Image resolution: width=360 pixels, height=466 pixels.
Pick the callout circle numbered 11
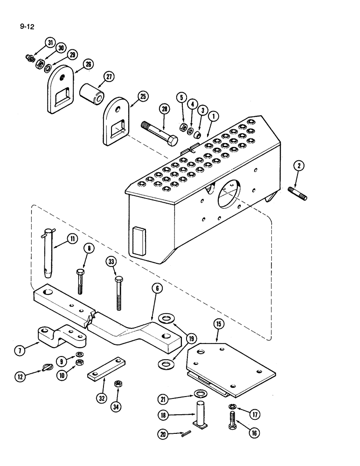(72, 239)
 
